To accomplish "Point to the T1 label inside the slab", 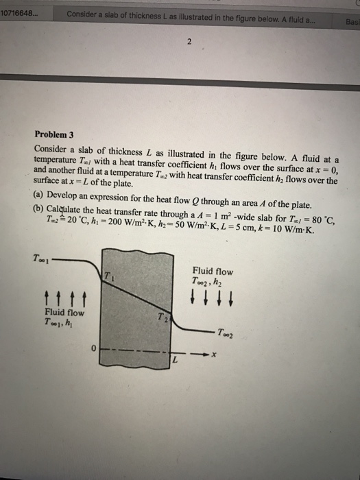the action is [x=108, y=276].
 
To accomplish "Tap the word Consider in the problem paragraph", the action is [x=53, y=148].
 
